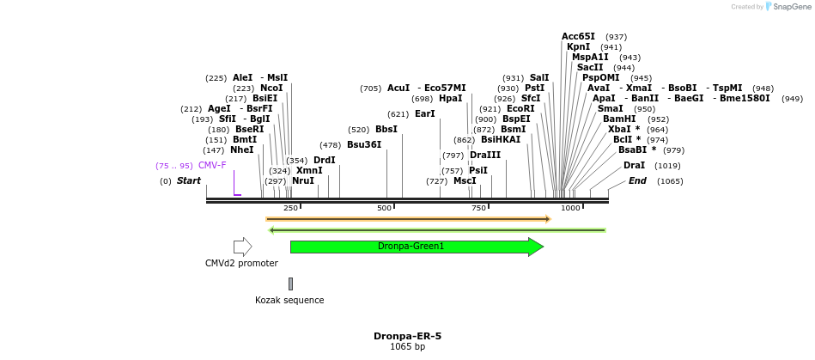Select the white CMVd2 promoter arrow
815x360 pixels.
tap(242, 247)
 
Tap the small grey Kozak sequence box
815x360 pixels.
tap(290, 284)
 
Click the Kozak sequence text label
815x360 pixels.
tap(289, 301)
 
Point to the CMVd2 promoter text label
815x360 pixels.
tap(241, 264)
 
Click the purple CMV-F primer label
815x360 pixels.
tap(212, 165)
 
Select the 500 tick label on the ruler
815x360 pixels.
tap(384, 208)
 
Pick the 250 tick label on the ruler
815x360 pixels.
tap(290, 208)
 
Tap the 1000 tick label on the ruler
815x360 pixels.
tap(570, 208)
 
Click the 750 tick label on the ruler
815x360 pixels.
tap(477, 208)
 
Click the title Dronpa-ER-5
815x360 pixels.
tap(407, 336)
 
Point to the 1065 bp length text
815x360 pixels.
tap(407, 347)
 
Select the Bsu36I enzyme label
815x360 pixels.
tap(364, 145)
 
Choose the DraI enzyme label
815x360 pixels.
tap(635, 165)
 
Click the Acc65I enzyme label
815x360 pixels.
tap(579, 36)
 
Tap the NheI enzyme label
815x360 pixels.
tap(242, 149)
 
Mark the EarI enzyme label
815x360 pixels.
tap(425, 113)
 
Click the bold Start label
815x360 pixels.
tap(189, 180)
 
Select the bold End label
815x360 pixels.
tap(637, 180)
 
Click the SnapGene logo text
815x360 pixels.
tap(789, 7)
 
